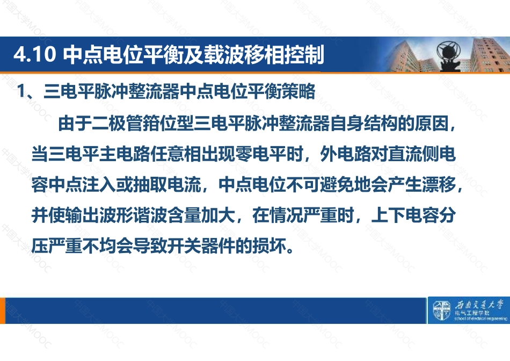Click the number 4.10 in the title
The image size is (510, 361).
(34, 54)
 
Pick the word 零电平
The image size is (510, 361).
(260, 154)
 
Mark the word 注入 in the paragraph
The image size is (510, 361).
(99, 185)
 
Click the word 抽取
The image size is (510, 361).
(150, 185)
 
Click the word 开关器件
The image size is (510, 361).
(201, 246)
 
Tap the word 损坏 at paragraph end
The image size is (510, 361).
(269, 246)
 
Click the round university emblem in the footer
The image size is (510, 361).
(441, 310)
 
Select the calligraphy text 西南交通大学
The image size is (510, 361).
(479, 305)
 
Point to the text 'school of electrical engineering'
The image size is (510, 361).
(480, 319)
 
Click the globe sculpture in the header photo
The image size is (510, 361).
(449, 54)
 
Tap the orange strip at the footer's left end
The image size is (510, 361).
(3, 311)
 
